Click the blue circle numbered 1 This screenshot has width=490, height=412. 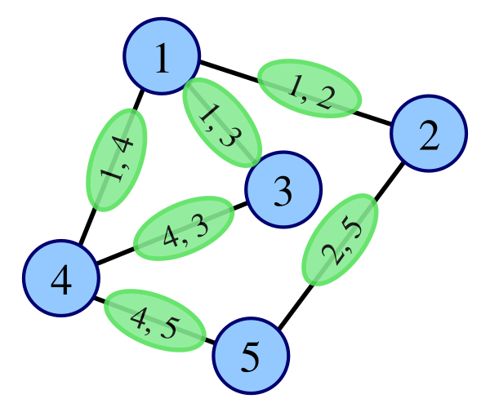(x=162, y=56)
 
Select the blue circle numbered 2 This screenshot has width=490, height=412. (x=428, y=134)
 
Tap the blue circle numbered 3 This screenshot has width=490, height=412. (x=283, y=191)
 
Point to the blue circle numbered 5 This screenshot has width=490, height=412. (x=251, y=356)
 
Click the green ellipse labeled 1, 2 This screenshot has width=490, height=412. (x=310, y=88)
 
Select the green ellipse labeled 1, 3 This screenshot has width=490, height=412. (x=221, y=122)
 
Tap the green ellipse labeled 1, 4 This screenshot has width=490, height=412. (x=117, y=159)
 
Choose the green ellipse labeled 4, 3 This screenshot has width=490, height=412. (x=184, y=228)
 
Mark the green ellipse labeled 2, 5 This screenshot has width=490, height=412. (x=341, y=239)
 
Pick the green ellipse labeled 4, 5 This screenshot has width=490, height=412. (x=154, y=320)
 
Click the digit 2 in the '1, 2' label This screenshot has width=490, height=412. (x=323, y=97)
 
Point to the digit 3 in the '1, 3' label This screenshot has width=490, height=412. (x=229, y=137)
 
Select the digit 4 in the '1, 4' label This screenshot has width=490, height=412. (x=123, y=146)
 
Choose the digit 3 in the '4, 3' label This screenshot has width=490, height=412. (x=198, y=223)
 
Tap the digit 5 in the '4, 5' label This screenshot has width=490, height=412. (x=167, y=327)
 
